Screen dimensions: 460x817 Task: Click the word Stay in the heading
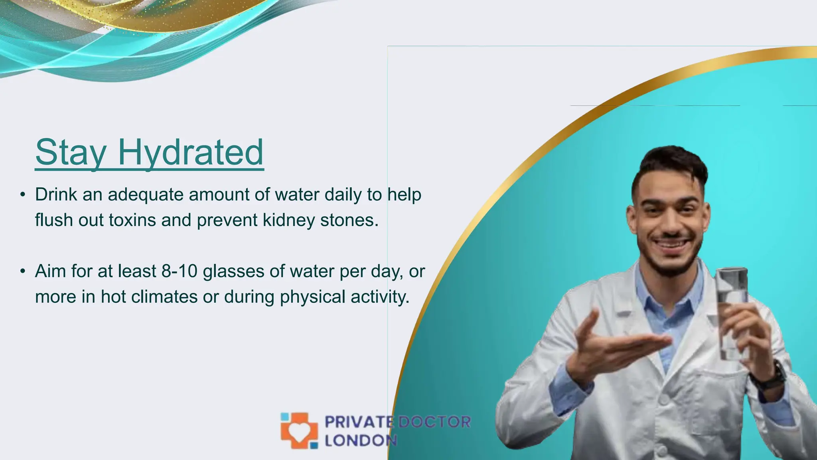(71, 153)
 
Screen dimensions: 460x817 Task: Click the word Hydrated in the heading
(191, 153)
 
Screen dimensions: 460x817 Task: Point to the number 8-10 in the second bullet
(180, 271)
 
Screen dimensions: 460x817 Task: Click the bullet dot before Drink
(23, 195)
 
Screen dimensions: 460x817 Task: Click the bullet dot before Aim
(23, 272)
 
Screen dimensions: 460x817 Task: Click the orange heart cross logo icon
(299, 430)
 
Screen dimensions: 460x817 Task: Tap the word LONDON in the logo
(361, 440)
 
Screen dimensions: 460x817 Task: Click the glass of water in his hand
(732, 311)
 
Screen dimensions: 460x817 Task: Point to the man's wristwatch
(772, 375)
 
